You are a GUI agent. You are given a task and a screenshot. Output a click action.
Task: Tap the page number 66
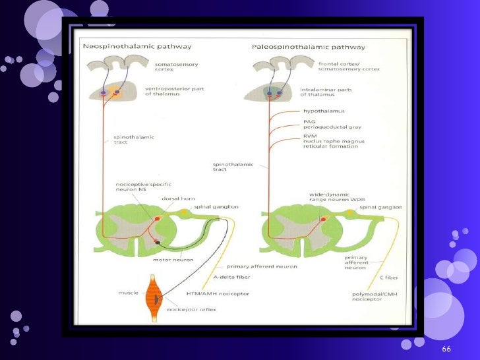click(x=446, y=348)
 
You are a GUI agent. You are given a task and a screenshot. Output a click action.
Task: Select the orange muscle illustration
click(x=156, y=297)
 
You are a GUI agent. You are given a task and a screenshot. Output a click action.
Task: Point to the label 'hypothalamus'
click(x=324, y=111)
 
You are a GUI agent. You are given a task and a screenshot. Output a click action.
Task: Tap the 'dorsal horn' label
click(x=174, y=198)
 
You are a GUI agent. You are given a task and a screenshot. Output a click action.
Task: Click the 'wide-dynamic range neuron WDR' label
click(x=329, y=198)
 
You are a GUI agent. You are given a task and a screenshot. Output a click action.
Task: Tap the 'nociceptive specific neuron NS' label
click(x=138, y=188)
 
